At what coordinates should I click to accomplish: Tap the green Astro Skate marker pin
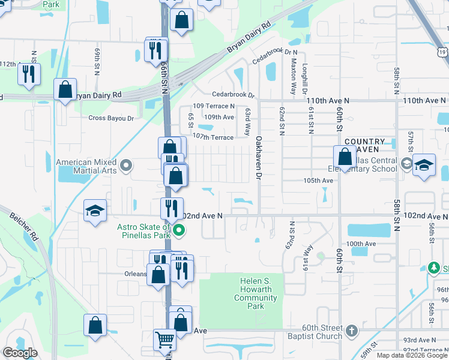pyautogui.click(x=178, y=230)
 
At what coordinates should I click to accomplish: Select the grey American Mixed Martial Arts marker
pyautogui.click(x=125, y=165)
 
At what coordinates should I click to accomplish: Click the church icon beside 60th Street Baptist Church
pyautogui.click(x=351, y=331)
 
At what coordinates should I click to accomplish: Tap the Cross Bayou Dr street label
pyautogui.click(x=111, y=119)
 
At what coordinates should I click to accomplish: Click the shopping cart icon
pyautogui.click(x=164, y=340)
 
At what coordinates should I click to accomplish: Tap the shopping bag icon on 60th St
pyautogui.click(x=345, y=157)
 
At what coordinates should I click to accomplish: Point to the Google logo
pyautogui.click(x=20, y=353)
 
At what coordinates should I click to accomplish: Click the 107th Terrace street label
pyautogui.click(x=214, y=137)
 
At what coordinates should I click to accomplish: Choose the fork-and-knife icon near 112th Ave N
pyautogui.click(x=28, y=73)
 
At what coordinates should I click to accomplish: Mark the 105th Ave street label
pyautogui.click(x=318, y=180)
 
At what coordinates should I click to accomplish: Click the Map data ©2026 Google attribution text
pyautogui.click(x=411, y=355)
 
